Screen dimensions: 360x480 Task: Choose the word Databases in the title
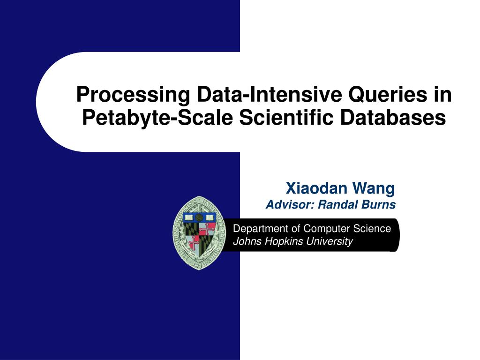[393, 117]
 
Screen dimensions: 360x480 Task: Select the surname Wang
[374, 188]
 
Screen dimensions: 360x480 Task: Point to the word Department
[260, 229]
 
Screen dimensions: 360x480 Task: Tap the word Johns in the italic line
[244, 241]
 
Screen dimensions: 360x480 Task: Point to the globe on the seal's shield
[200, 217]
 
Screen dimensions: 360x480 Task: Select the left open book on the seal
[189, 218]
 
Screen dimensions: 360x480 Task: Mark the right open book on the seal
[210, 218]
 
